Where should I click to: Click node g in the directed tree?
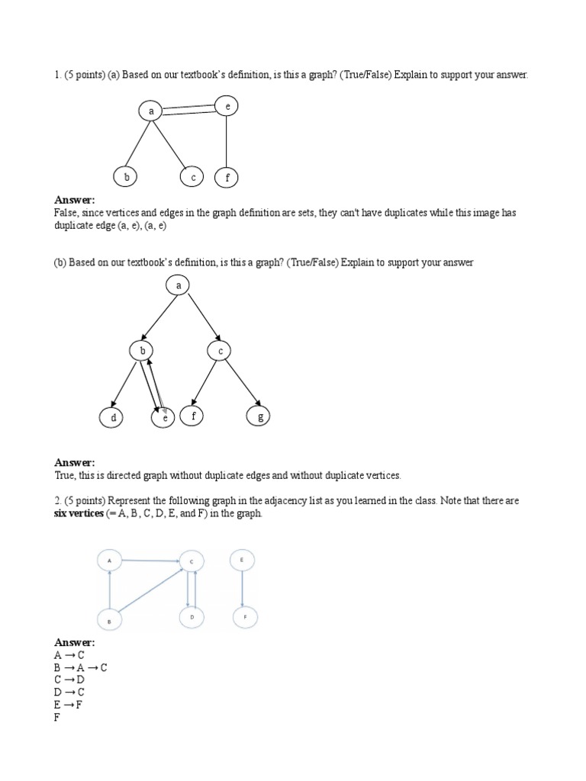click(259, 416)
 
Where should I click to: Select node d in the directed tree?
click(112, 418)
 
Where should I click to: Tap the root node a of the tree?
click(178, 286)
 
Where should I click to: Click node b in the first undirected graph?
click(126, 177)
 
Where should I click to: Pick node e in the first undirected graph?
click(227, 107)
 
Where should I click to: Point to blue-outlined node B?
click(110, 621)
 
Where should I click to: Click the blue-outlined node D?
click(192, 615)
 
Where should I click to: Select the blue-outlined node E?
click(242, 561)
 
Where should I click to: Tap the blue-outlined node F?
click(244, 615)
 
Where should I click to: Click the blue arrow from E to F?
click(243, 588)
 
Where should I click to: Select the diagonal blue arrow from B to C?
click(149, 590)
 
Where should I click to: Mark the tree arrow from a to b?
click(159, 318)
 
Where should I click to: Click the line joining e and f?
click(227, 142)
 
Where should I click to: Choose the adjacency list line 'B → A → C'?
click(80, 667)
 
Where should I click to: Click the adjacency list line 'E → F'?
click(68, 705)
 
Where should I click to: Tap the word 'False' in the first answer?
click(66, 213)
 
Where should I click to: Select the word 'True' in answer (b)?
click(64, 475)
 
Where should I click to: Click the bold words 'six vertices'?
click(79, 513)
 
